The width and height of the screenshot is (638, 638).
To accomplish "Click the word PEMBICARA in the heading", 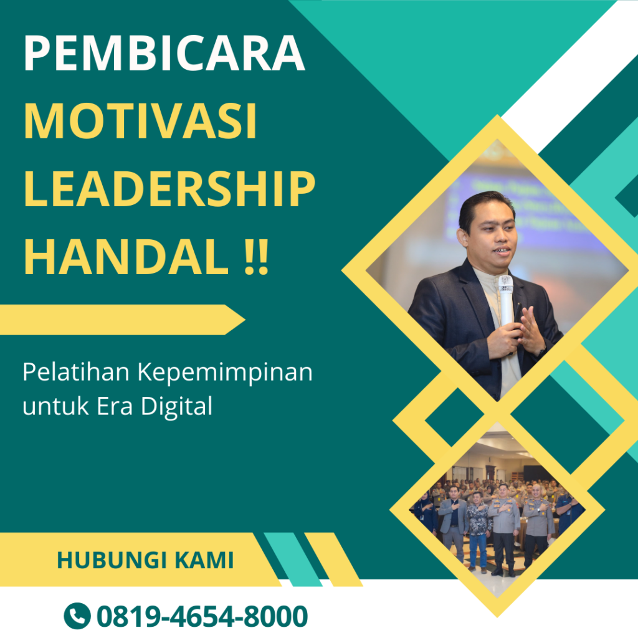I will tap(164, 55).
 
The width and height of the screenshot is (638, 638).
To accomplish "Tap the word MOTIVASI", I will tap(140, 122).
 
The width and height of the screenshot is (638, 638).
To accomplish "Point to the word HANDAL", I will tap(125, 257).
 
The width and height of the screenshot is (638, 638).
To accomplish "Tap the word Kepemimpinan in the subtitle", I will tap(224, 373).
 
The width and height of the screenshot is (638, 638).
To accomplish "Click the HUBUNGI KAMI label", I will tap(145, 560).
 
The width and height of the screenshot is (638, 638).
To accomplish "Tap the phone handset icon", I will tap(77, 616).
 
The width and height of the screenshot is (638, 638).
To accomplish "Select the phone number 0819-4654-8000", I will tap(202, 616).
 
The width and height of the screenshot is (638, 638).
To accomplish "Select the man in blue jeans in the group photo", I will tap(478, 530).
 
